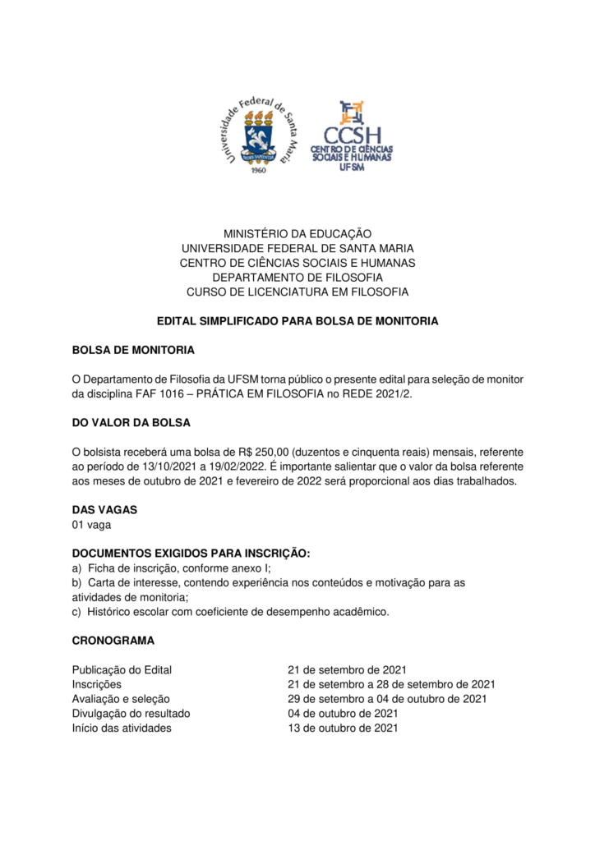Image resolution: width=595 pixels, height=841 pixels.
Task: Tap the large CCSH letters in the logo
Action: coord(352,135)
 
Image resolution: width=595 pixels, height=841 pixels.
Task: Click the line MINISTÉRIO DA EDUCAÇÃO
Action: coord(297,234)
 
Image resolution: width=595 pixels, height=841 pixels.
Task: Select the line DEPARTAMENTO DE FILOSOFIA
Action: coord(297,277)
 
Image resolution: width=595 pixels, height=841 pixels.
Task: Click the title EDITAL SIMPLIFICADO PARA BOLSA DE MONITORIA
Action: coord(297,321)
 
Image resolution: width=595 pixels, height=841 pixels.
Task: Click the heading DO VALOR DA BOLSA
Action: coord(131,422)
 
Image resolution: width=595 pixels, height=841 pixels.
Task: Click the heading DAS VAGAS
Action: coord(104,509)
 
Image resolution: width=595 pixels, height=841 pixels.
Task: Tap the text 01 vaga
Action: coord(91,524)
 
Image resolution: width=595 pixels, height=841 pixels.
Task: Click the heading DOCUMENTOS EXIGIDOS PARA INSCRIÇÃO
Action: coord(191,553)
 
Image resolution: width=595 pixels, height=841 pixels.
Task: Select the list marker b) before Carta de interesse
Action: coord(77,582)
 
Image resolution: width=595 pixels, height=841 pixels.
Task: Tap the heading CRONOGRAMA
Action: coord(113,640)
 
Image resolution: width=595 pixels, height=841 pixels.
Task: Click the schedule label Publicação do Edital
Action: coord(122,669)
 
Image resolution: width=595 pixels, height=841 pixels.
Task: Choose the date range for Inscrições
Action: coord(390,684)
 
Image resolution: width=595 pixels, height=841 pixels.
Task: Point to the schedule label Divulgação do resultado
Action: coord(131,713)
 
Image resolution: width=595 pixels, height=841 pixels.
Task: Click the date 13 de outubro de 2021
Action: coord(343,728)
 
